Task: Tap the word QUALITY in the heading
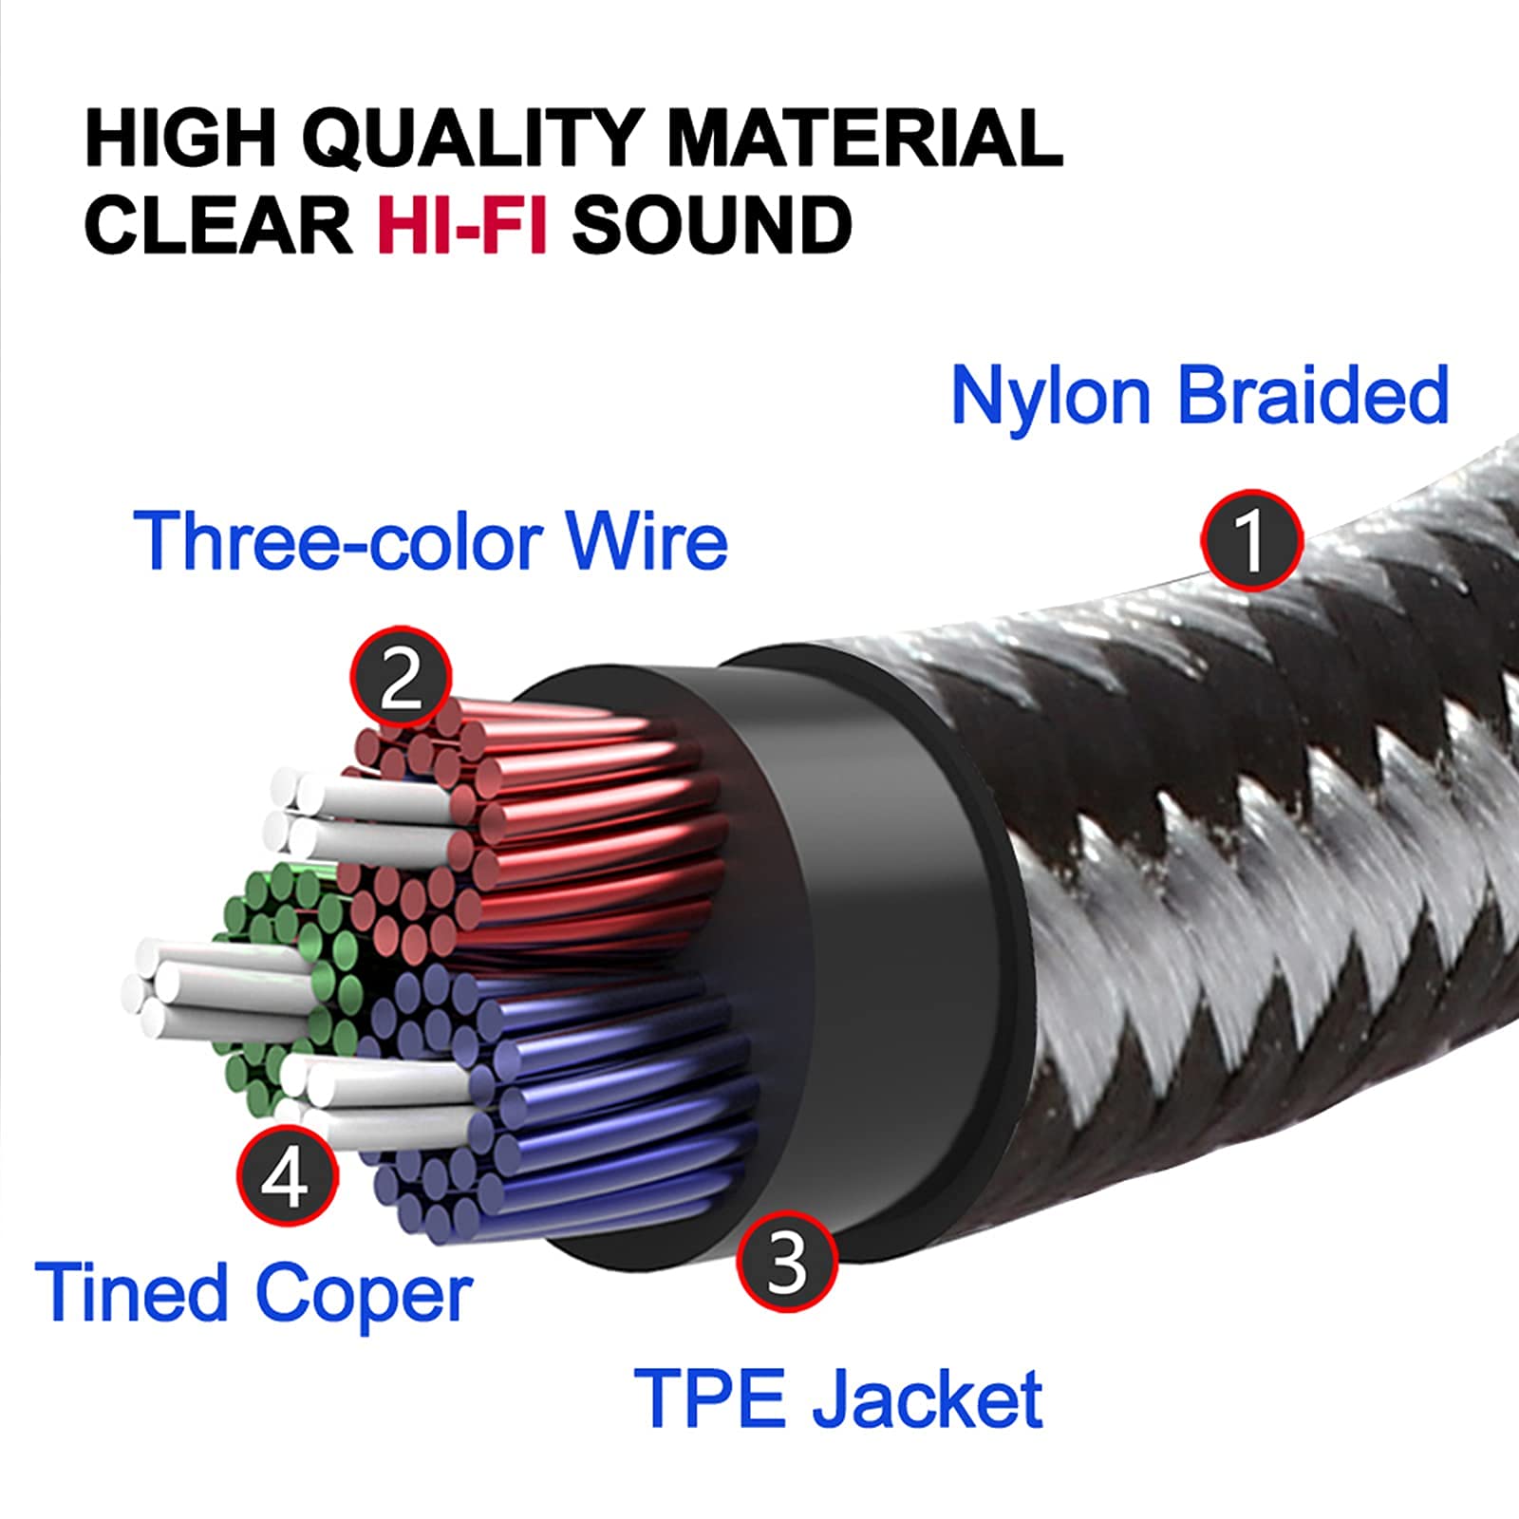pos(472,138)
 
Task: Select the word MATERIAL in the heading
pos(864,138)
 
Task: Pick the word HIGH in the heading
pos(180,138)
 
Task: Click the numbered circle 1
pos(1251,540)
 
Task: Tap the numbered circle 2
pos(401,677)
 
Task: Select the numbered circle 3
pos(787,1262)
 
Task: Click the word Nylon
pos(1050,396)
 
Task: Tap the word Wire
pos(647,541)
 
